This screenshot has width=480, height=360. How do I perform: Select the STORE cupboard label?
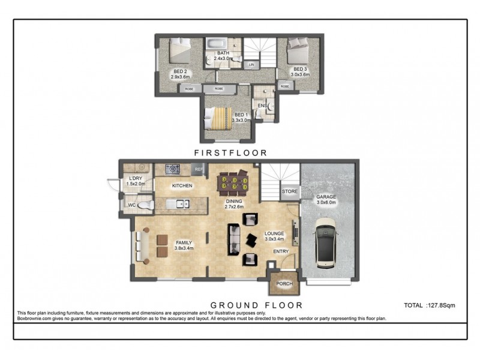pyautogui.click(x=290, y=192)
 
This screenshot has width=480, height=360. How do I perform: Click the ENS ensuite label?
pyautogui.click(x=262, y=106)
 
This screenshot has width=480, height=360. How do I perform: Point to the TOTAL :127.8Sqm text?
pyautogui.click(x=430, y=305)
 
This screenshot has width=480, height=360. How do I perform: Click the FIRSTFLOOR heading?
pyautogui.click(x=230, y=153)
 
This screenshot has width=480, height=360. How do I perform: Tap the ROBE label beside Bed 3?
pyautogui.click(x=285, y=86)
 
